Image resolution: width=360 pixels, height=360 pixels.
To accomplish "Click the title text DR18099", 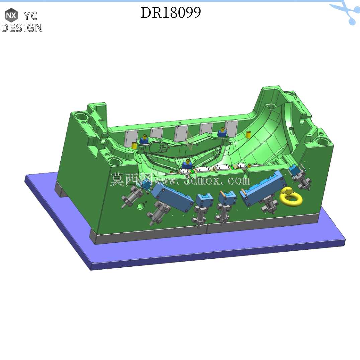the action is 171,13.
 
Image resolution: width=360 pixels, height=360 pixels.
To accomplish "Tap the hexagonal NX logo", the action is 11,15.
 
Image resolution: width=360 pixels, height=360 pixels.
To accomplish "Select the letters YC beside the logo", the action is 30,16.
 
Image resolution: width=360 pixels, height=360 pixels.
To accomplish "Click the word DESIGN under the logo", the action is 22,28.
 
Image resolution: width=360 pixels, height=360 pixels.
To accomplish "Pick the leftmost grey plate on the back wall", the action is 131,139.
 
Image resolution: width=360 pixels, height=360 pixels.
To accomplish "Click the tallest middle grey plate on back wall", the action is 181,133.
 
